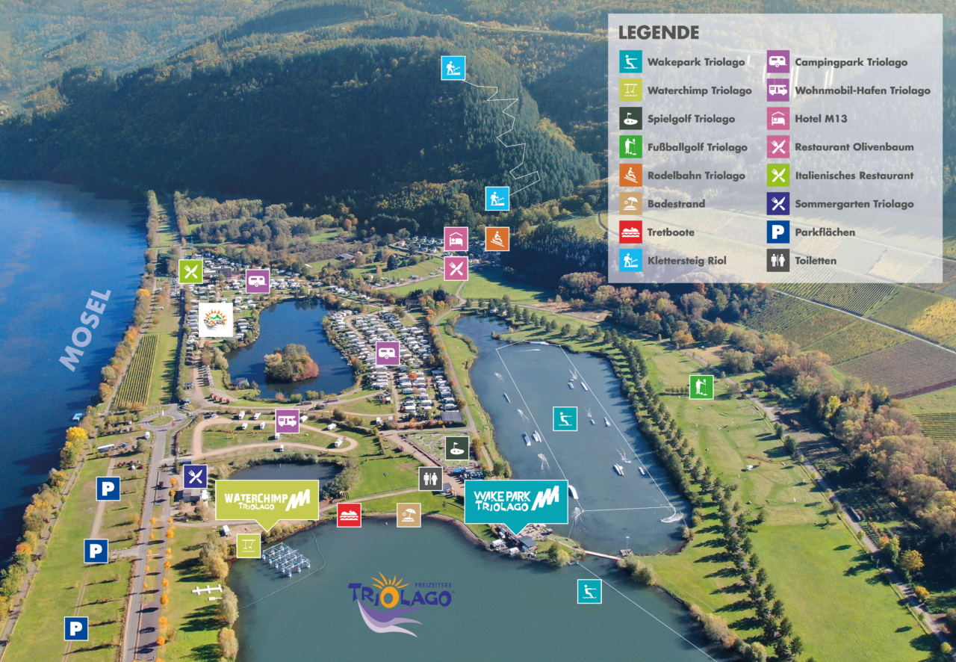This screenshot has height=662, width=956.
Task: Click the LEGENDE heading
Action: pyautogui.click(x=658, y=33)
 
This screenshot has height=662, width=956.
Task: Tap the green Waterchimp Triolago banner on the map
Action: pyautogui.click(x=267, y=500)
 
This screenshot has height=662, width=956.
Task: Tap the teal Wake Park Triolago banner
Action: pyautogui.click(x=515, y=501)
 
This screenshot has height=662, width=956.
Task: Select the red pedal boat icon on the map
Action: pyautogui.click(x=349, y=515)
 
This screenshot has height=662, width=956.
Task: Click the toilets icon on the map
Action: pyautogui.click(x=430, y=479)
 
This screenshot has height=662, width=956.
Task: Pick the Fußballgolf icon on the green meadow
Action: pyautogui.click(x=701, y=387)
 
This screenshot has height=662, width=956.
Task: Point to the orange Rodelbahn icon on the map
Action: pyautogui.click(x=497, y=239)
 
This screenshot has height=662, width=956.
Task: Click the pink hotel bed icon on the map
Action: pyautogui.click(x=456, y=239)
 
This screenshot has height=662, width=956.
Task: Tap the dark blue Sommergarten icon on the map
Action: pyautogui.click(x=195, y=477)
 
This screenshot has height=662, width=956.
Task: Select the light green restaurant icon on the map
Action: pyautogui.click(x=190, y=271)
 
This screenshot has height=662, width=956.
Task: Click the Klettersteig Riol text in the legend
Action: pyautogui.click(x=686, y=261)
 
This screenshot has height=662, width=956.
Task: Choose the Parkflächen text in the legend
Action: pyautogui.click(x=824, y=232)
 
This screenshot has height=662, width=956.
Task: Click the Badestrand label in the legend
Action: pyautogui.click(x=676, y=204)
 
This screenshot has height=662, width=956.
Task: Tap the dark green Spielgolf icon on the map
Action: pyautogui.click(x=457, y=448)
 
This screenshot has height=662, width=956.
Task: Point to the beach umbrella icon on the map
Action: pyautogui.click(x=409, y=515)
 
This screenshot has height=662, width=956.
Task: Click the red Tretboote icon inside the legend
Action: pyautogui.click(x=630, y=232)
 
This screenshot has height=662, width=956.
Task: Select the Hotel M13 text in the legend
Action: pyautogui.click(x=820, y=119)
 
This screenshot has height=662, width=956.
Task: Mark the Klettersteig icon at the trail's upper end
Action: pyautogui.click(x=453, y=68)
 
